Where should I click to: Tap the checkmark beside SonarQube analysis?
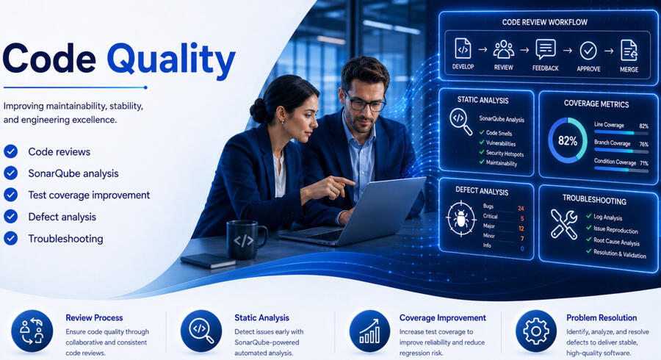pos(10,173)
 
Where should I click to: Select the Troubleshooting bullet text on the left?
pos(66,239)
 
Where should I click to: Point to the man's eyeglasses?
pos(364,101)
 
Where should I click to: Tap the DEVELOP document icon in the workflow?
pos(463,48)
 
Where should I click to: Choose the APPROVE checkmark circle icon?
pos(588,51)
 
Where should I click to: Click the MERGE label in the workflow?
pos(629,70)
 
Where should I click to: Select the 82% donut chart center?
pos(568,141)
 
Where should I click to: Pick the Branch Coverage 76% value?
pos(643,144)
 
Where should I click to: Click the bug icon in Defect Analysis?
pos(461,219)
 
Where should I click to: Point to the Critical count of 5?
pos(522,218)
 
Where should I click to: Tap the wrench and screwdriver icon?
pos(564,224)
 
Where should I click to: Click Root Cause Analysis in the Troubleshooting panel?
pos(616,242)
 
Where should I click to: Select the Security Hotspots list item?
pos(505,154)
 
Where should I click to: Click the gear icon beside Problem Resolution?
pos(536,331)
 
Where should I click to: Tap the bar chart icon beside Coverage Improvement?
pos(369,331)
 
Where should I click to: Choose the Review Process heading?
pos(94,318)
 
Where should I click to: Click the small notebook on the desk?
pos(208,260)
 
